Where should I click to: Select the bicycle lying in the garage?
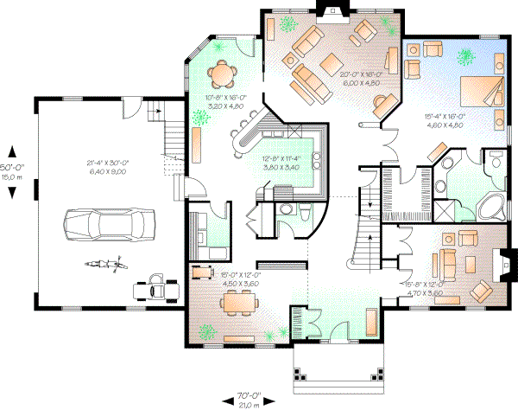tap(100, 262)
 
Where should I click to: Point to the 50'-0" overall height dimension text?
tap(11, 166)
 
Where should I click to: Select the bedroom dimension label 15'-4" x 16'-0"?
tap(445, 120)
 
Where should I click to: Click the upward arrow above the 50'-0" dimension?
tap(11, 147)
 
